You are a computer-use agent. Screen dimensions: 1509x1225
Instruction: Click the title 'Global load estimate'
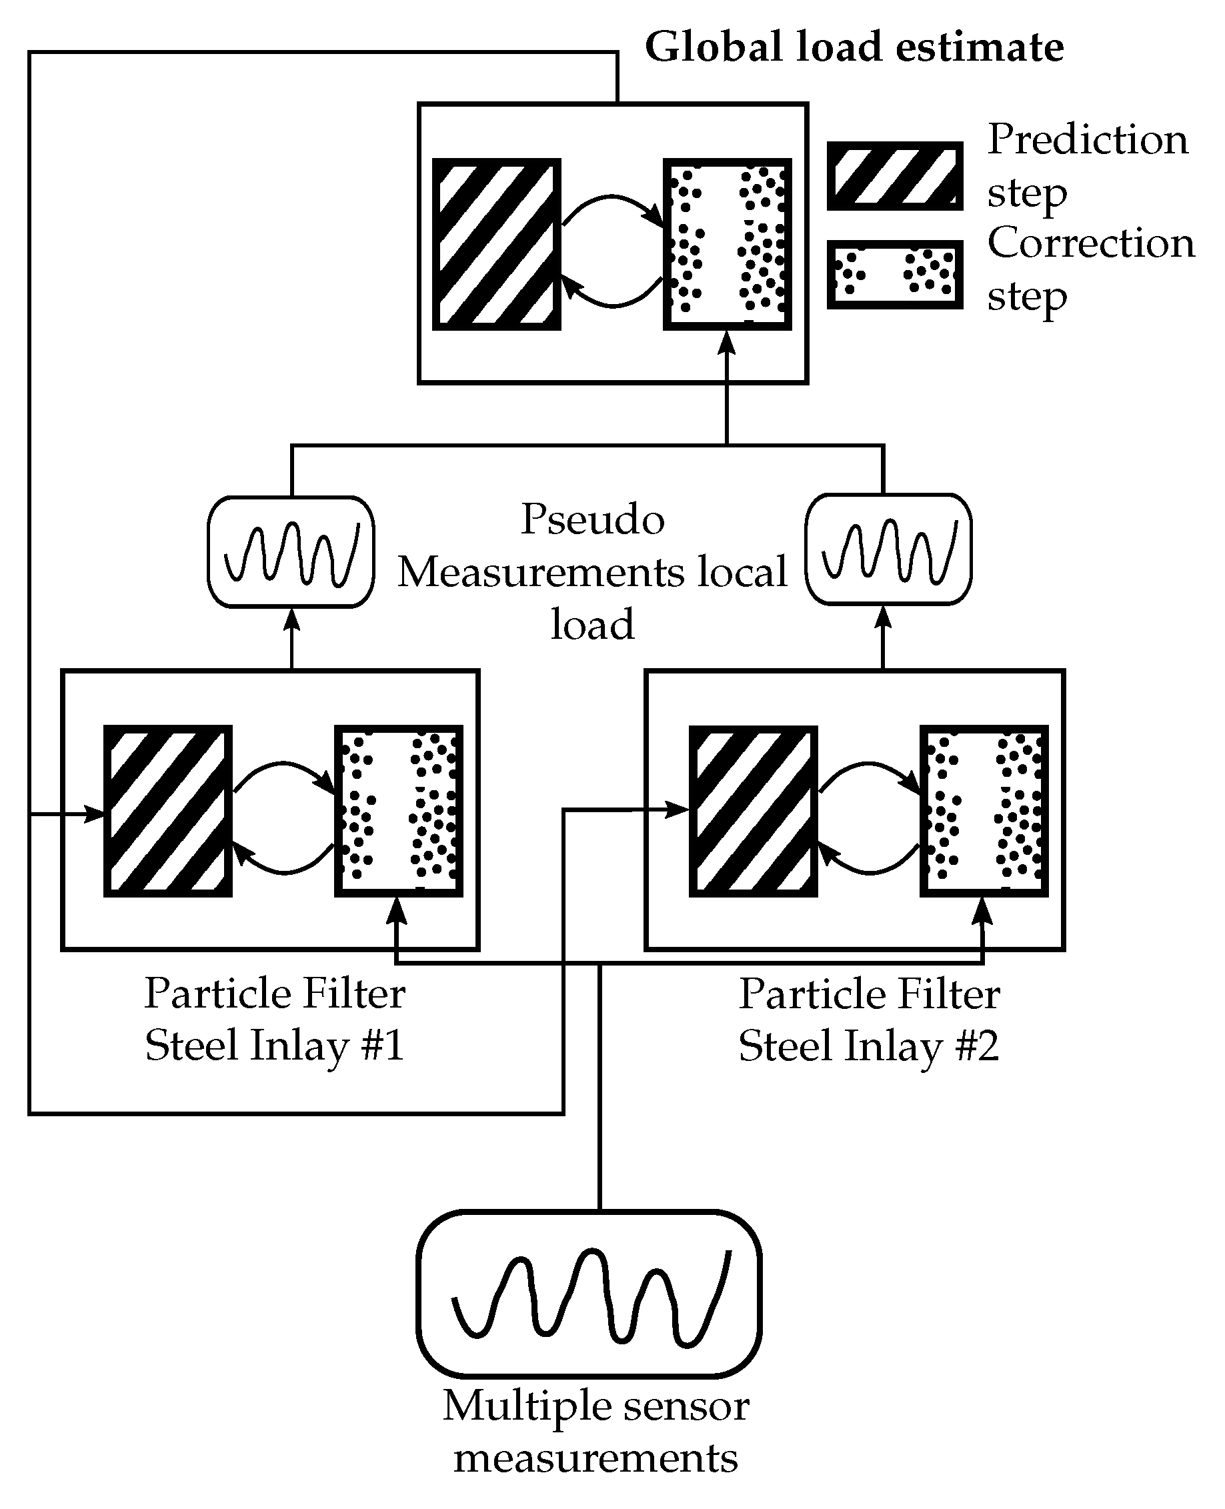click(854, 48)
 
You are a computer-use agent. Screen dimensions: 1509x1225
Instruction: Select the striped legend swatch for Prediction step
click(895, 176)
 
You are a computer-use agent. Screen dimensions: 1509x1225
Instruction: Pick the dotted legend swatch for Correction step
click(895, 275)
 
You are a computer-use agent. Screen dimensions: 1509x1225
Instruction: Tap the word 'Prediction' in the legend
click(1088, 139)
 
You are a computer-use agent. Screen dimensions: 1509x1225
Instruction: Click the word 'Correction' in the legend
click(1091, 243)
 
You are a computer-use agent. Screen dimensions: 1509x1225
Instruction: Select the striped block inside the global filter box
click(496, 244)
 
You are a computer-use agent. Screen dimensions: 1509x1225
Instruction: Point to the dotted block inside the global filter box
click(727, 244)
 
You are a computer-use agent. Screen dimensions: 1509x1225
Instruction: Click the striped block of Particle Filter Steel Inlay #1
click(168, 812)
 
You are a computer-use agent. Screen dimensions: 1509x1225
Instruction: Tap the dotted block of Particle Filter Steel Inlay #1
click(399, 812)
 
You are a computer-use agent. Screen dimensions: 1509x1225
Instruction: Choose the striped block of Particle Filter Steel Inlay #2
click(753, 812)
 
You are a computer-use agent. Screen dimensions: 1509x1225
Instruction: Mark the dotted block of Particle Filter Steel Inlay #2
click(984, 812)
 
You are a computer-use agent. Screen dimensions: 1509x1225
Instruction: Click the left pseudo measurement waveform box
click(291, 552)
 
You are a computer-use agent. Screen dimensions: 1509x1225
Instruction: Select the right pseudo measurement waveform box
click(888, 549)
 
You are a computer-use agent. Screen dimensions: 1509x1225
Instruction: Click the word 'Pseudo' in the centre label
click(592, 520)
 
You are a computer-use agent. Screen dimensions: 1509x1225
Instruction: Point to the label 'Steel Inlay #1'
click(274, 1046)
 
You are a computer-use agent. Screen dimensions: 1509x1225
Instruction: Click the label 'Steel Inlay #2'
click(869, 1046)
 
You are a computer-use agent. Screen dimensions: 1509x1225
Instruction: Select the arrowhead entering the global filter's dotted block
click(727, 343)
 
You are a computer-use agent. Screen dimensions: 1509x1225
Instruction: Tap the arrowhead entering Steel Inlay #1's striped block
click(96, 814)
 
